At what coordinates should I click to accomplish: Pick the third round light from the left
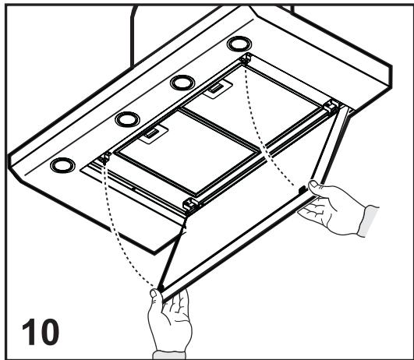[183, 82]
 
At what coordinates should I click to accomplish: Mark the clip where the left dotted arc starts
[102, 160]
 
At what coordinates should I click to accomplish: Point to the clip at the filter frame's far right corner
[332, 105]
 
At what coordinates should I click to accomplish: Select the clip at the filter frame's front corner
[188, 205]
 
